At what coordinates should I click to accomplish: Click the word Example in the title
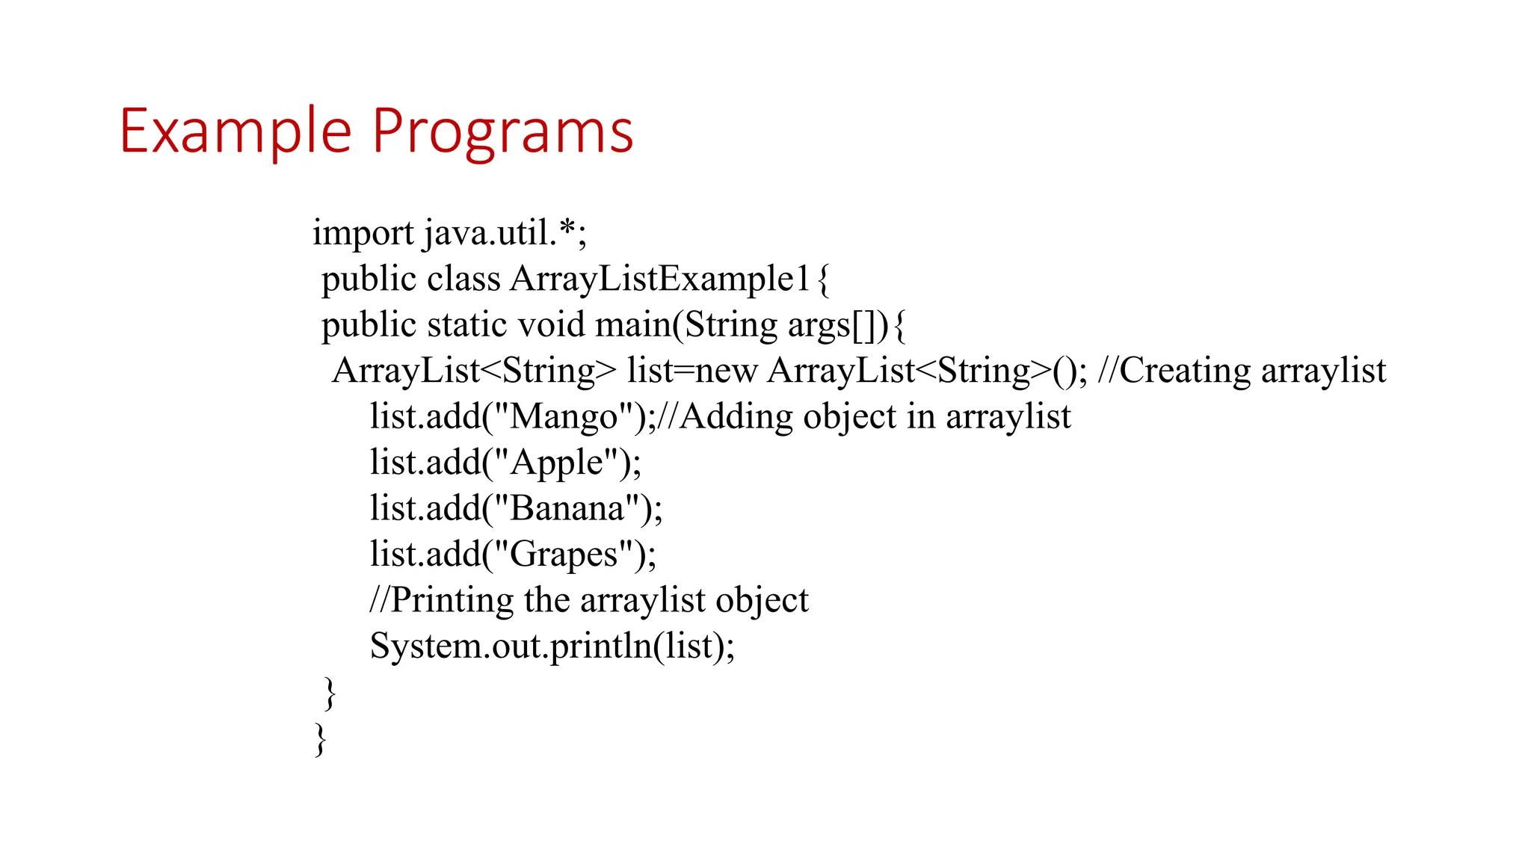pyautogui.click(x=235, y=132)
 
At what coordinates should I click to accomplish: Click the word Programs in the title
pyautogui.click(x=502, y=132)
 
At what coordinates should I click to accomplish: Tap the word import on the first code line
pyautogui.click(x=363, y=233)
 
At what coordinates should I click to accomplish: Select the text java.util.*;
pyautogui.click(x=505, y=233)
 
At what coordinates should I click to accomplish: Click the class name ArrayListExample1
pyautogui.click(x=660, y=280)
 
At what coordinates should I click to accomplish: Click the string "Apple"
pyautogui.click(x=556, y=463)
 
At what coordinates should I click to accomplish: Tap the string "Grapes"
pyautogui.click(x=564, y=555)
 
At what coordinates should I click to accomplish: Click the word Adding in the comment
pyautogui.click(x=736, y=417)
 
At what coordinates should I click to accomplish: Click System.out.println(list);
pyautogui.click(x=552, y=646)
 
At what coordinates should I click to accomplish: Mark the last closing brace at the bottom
pyautogui.click(x=320, y=739)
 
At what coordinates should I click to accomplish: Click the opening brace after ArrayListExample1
pyautogui.click(x=823, y=280)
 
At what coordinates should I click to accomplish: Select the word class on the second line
pyautogui.click(x=463, y=280)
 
